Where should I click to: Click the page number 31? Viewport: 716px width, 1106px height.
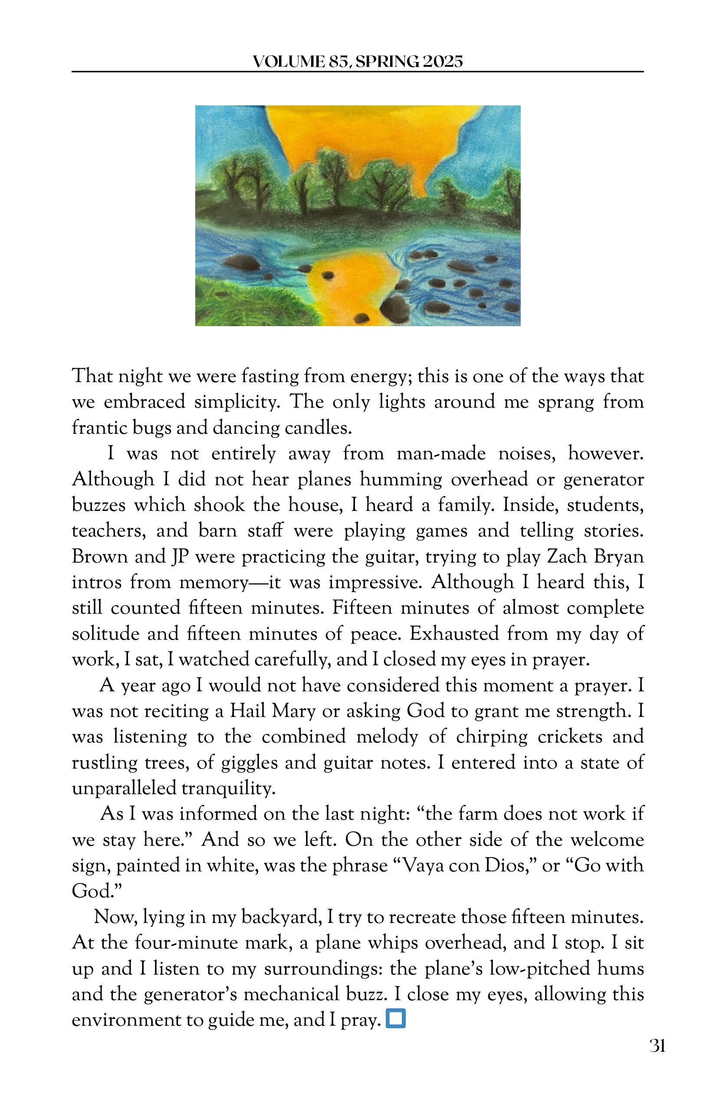pos(657,1046)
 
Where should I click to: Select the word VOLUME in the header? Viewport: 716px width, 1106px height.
pos(288,61)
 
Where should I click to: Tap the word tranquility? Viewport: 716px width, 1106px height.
pos(228,788)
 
